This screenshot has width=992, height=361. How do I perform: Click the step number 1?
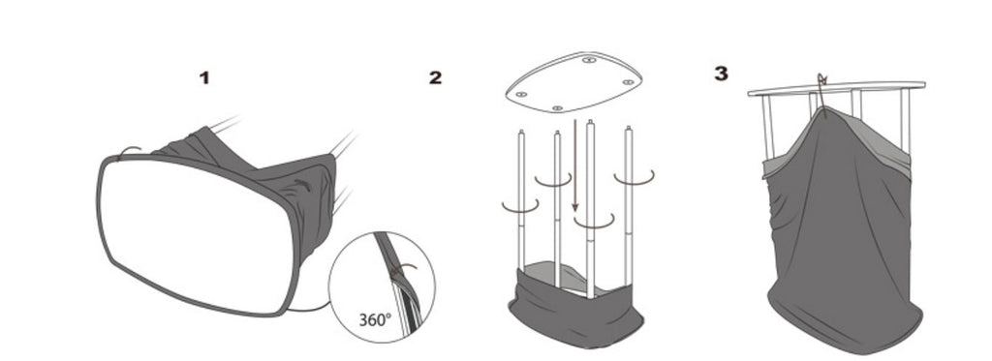tap(204, 78)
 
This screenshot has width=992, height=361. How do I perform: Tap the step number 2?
tap(435, 77)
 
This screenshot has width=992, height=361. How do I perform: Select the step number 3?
tap(721, 74)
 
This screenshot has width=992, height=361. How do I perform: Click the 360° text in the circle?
tap(375, 320)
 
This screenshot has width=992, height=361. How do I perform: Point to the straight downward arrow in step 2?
tap(574, 165)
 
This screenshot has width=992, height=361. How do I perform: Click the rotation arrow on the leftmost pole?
tap(520, 206)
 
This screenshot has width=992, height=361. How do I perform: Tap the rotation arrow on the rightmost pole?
tap(634, 178)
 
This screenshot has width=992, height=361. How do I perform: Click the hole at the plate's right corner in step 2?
tap(628, 82)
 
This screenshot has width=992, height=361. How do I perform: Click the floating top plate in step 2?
tap(573, 83)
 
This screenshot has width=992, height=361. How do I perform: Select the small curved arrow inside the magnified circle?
tap(404, 270)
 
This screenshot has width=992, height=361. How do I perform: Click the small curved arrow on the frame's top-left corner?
tap(131, 150)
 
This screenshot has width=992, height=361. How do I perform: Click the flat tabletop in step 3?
tap(836, 88)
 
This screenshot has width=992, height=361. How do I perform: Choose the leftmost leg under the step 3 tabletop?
tap(767, 127)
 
